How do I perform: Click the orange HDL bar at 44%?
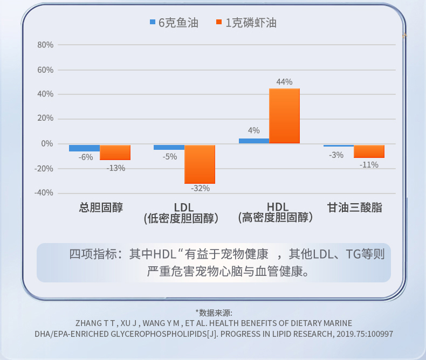pos(284,116)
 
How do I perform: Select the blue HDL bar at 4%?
pos(254,141)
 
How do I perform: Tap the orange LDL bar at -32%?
pos(200,164)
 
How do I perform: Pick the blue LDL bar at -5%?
pos(169,147)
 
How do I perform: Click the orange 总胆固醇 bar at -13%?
pos(115,152)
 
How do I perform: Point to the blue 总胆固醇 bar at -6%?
pos(85,148)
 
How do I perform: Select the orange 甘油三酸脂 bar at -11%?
pos(369,151)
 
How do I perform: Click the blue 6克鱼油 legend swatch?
pos(153,23)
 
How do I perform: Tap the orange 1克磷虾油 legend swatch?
pos(219,23)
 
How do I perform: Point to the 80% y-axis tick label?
pos(45,45)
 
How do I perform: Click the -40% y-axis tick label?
pos(44,193)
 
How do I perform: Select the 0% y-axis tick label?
pos(47,144)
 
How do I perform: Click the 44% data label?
pos(284,82)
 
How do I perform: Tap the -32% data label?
pos(201,188)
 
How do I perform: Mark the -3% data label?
pos(336,155)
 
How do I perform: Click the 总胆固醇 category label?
pos(101,207)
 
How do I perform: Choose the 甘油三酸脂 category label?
pos(355,207)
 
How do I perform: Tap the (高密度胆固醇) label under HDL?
pos(276,218)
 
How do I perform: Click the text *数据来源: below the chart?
pos(214,312)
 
